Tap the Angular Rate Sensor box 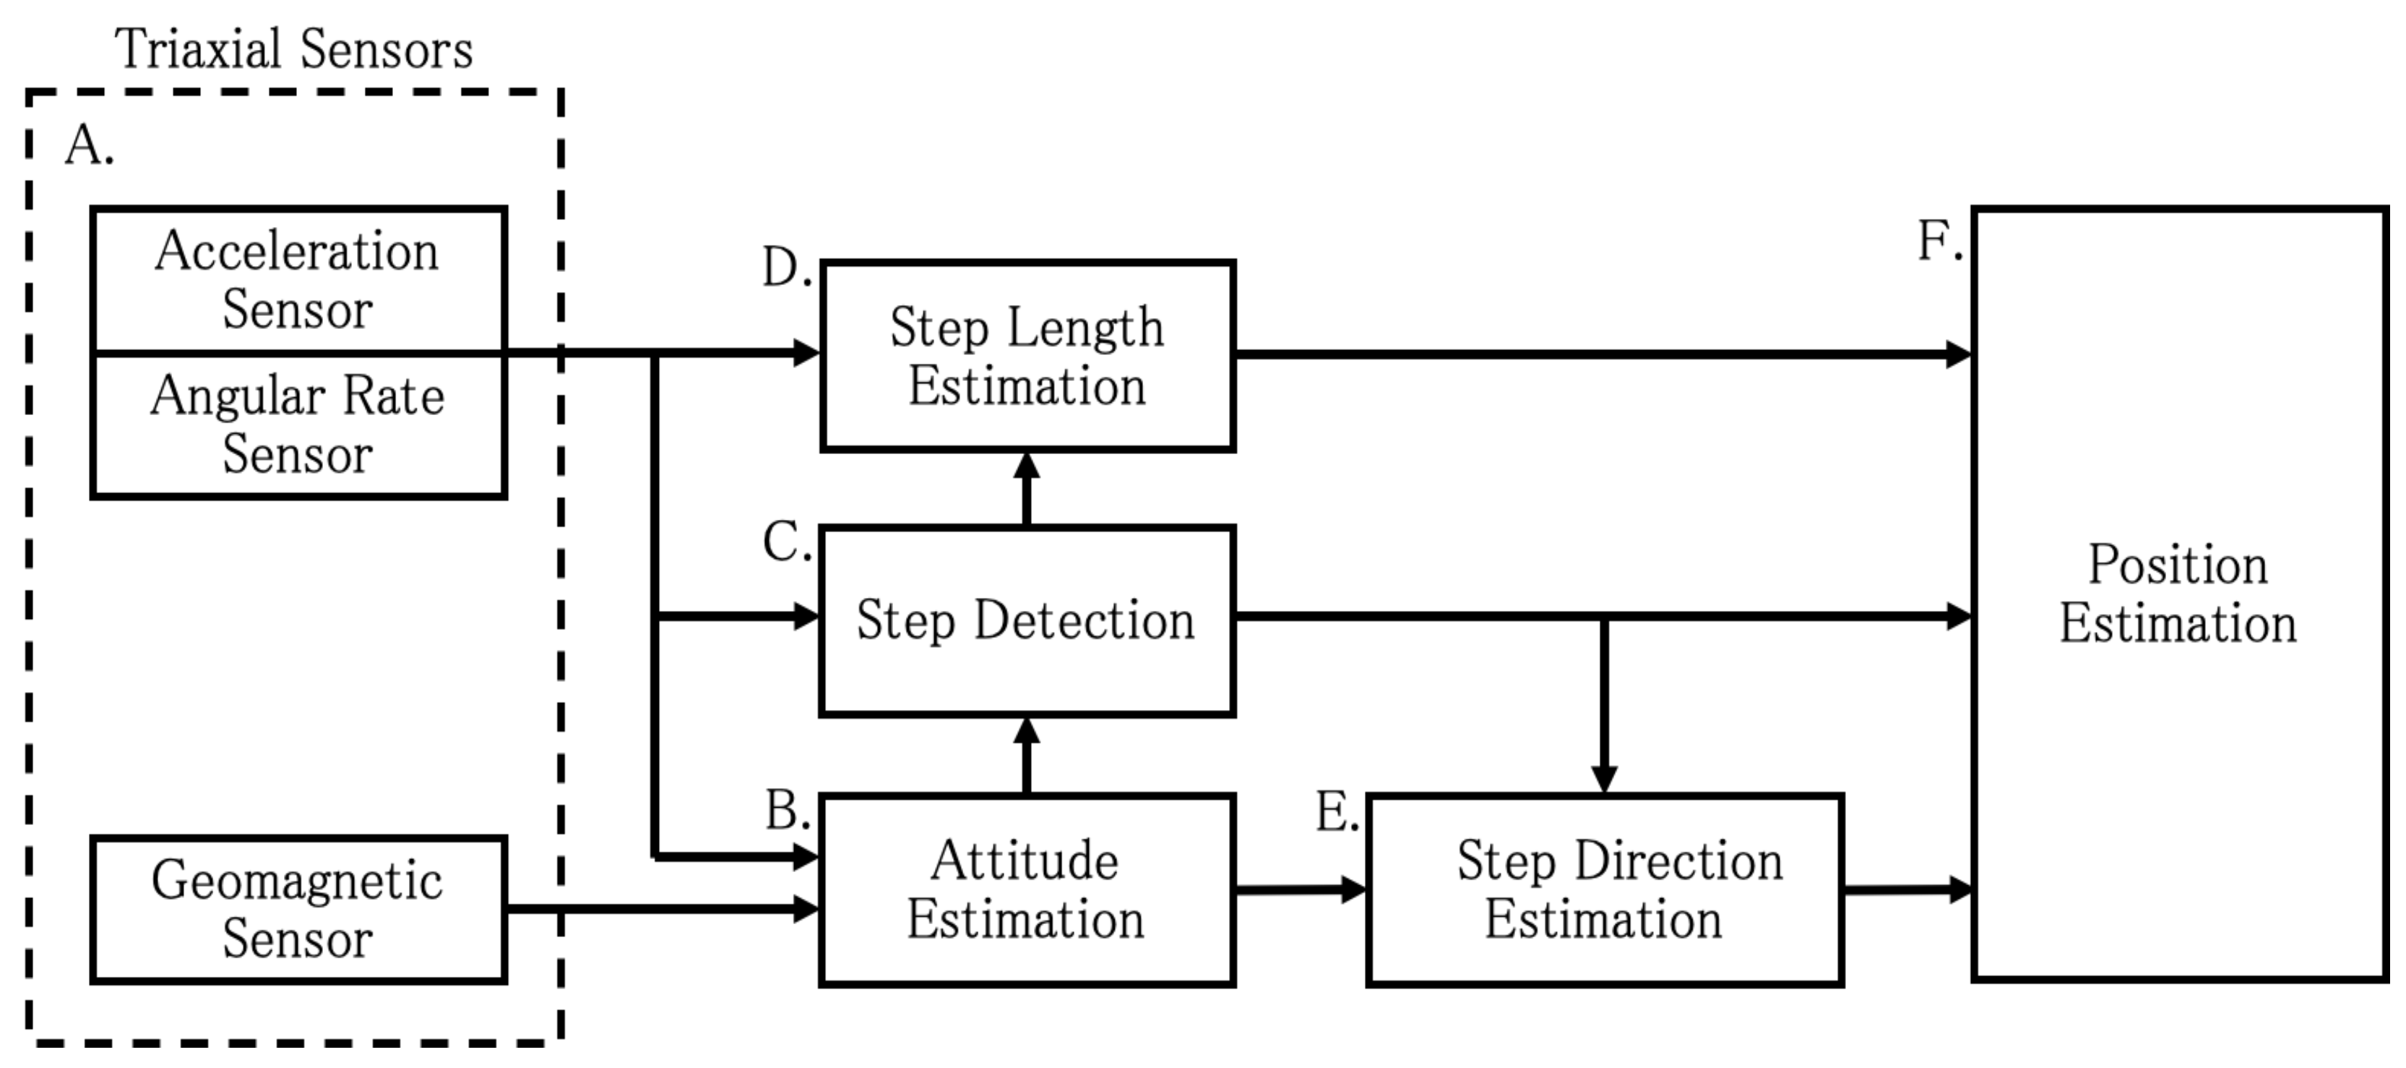[298, 425]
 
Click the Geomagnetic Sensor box [298, 909]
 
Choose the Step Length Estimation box [1027, 356]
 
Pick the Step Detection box [1027, 620]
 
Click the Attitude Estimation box [1027, 889]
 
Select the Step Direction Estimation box [1604, 889]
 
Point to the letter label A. [89, 146]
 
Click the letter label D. [785, 268]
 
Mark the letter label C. [785, 542]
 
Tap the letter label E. [1337, 812]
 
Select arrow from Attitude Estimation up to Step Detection [1027, 755]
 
